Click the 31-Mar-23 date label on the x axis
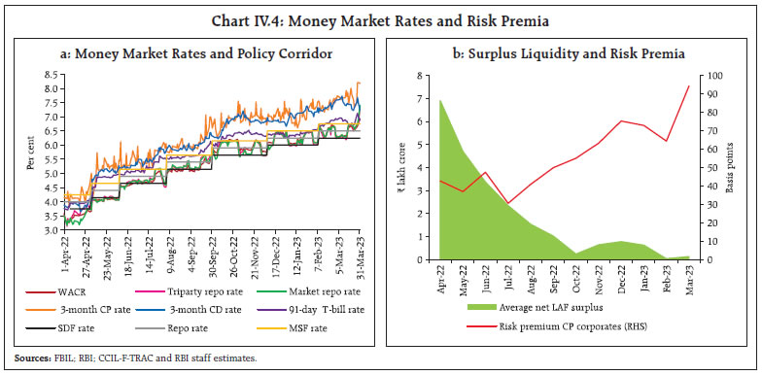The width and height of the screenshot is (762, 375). click(360, 256)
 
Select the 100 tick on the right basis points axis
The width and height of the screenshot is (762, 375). click(712, 75)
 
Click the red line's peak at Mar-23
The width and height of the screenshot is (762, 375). click(688, 86)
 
